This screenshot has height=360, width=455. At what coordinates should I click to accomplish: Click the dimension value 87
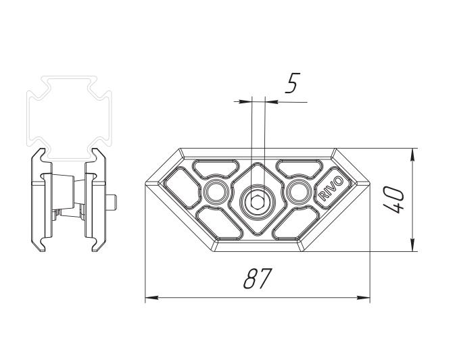click(258, 278)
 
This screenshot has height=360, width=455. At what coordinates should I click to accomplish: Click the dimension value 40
click(393, 200)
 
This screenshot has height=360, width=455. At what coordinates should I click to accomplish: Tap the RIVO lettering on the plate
click(331, 188)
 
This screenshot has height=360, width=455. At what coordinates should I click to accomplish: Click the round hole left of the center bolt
click(216, 192)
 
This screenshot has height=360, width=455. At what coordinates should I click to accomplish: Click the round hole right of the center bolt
click(297, 192)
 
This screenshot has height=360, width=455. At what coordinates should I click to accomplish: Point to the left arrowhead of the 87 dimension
click(151, 298)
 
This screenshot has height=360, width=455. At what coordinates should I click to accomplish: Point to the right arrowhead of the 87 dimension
click(363, 298)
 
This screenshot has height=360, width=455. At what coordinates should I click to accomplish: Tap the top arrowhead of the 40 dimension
click(413, 155)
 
